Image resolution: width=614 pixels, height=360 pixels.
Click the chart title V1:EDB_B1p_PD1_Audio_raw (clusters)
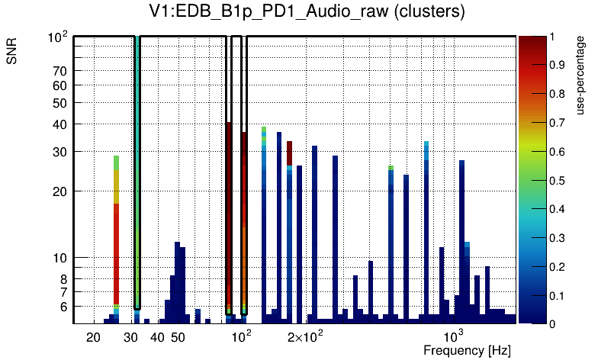click(307, 12)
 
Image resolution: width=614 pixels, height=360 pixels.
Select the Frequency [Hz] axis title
click(467, 351)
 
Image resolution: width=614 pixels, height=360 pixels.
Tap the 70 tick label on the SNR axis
click(60, 71)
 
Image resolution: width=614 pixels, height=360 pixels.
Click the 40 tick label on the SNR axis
click(60, 124)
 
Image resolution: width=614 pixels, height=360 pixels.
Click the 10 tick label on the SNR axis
click(60, 258)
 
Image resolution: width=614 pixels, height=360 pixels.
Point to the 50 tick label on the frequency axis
click(178, 337)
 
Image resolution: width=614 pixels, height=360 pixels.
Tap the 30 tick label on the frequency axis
click(130, 337)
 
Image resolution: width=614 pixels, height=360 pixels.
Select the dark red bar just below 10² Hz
click(228, 214)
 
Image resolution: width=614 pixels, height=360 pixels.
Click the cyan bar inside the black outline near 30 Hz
click(137, 153)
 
